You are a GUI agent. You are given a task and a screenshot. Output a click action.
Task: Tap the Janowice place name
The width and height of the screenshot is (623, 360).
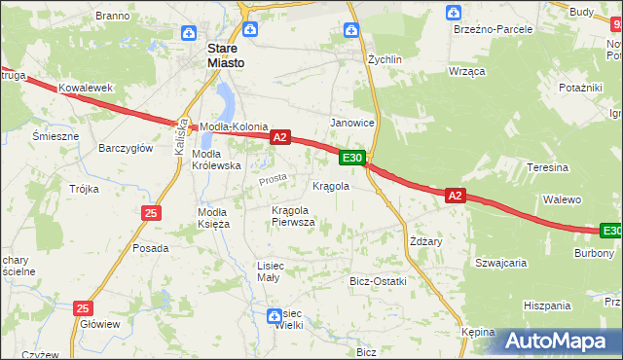point(352,123)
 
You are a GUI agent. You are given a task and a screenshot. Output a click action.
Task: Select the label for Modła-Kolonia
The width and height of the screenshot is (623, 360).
point(234,127)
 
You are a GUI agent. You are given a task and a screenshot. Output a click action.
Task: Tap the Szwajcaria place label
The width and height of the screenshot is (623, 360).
point(500,262)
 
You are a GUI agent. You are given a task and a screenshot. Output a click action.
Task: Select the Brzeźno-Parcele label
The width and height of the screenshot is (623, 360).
point(493,29)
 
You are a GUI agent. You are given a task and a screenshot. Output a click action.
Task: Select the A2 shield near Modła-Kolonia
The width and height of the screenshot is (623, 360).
point(279,138)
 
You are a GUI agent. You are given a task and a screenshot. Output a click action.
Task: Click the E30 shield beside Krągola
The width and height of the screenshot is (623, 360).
point(352,158)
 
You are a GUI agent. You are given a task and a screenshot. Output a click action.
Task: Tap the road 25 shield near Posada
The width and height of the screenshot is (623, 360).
point(150,212)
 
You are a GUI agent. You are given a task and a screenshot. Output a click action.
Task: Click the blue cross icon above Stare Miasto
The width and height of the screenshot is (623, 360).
point(250,30)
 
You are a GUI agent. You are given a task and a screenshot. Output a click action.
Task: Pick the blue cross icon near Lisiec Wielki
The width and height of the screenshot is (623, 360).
point(275,314)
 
